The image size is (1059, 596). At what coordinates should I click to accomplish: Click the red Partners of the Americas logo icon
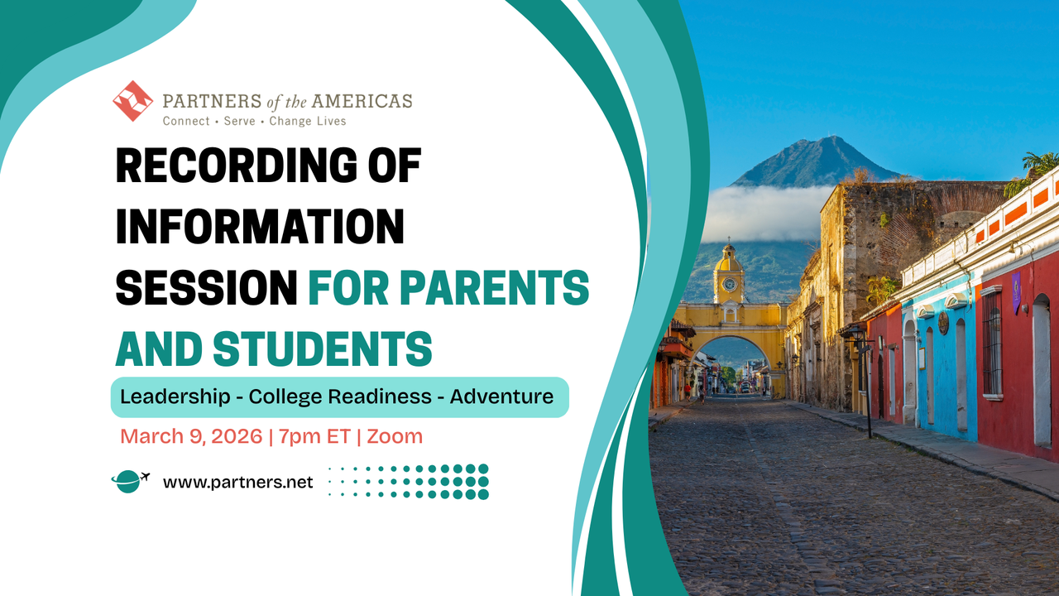(133, 101)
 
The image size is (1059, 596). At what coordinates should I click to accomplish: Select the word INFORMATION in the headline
(260, 227)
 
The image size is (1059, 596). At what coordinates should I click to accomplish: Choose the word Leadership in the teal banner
(174, 397)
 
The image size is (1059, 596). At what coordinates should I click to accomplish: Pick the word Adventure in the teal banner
(501, 397)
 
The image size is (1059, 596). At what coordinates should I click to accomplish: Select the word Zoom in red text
(394, 436)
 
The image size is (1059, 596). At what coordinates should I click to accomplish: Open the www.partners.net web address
(238, 482)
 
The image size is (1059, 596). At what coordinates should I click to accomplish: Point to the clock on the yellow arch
(729, 284)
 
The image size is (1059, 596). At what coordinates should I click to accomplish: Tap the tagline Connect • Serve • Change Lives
(254, 121)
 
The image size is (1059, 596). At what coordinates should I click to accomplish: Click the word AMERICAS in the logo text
(362, 102)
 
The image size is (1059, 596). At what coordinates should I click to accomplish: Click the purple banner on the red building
(1016, 291)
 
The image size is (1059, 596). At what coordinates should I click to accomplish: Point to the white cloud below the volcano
(765, 213)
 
